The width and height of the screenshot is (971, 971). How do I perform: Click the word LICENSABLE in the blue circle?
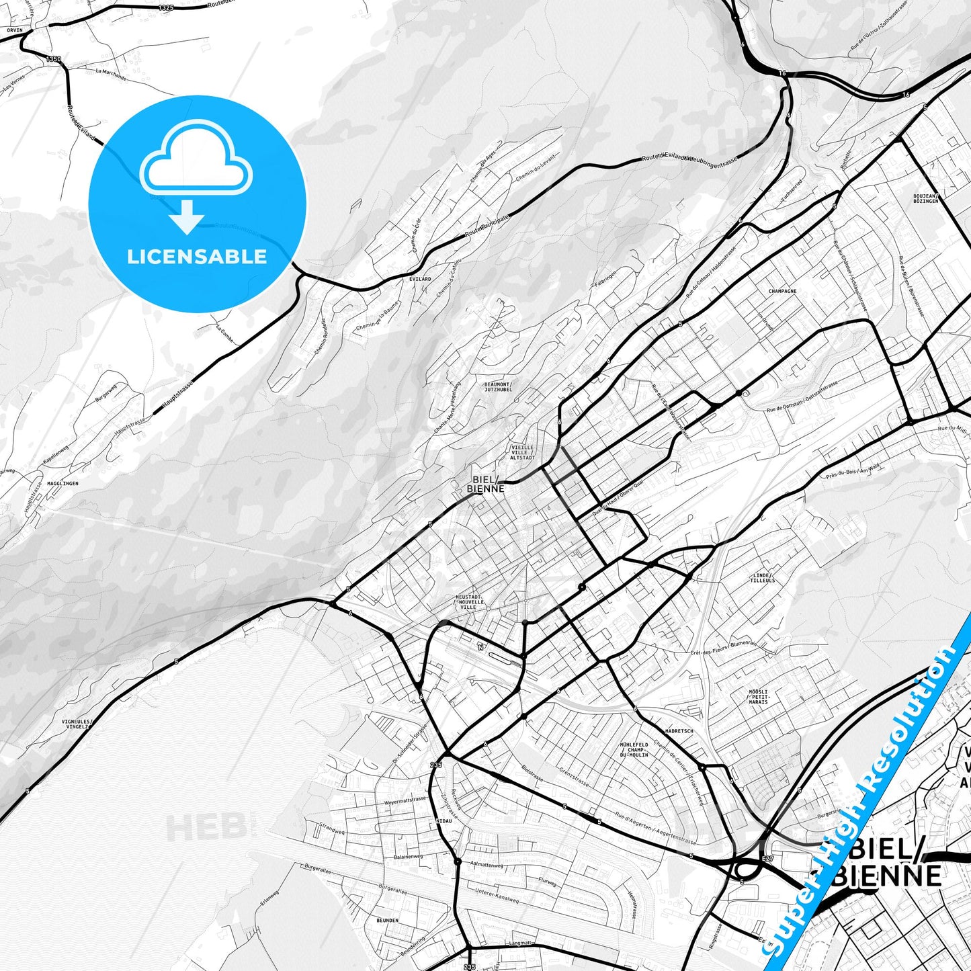point(197,257)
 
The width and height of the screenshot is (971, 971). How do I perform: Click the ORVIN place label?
point(14,30)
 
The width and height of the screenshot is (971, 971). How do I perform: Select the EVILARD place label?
point(420,279)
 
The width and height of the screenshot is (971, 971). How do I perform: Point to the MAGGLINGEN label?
point(62,484)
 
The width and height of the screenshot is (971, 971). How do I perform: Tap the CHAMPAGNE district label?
point(782,292)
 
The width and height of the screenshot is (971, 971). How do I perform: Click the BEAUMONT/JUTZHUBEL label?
point(498,387)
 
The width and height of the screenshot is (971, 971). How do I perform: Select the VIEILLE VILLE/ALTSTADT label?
point(522,452)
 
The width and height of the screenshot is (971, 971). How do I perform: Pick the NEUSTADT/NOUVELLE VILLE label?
point(469,601)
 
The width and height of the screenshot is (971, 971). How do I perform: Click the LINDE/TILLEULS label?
point(763,578)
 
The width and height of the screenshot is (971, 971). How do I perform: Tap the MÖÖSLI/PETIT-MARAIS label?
point(759,696)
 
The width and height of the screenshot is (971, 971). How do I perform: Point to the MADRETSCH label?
point(679,731)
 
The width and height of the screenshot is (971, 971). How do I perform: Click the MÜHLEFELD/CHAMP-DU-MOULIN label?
point(634,750)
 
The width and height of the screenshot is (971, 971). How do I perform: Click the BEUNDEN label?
point(388,921)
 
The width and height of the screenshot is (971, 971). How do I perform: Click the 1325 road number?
point(166,7)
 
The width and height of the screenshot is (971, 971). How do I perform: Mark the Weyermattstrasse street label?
point(405,800)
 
